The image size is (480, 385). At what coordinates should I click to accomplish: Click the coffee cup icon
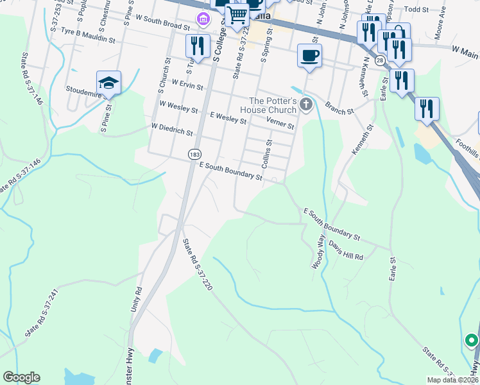pyautogui.click(x=309, y=55)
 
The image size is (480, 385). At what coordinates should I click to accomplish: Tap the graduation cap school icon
pyautogui.click(x=108, y=83)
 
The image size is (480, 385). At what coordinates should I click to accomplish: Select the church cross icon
pyautogui.click(x=306, y=103)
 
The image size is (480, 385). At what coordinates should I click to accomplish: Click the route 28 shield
pyautogui.click(x=381, y=60)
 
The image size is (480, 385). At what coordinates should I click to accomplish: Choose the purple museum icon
pyautogui.click(x=204, y=19)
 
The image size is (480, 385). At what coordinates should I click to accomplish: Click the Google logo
pyautogui.click(x=21, y=377)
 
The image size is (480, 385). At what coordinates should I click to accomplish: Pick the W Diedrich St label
pyautogui.click(x=171, y=130)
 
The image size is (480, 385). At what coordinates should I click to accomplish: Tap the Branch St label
pyautogui.click(x=339, y=108)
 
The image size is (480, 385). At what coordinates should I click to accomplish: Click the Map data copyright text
pyautogui.click(x=452, y=379)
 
